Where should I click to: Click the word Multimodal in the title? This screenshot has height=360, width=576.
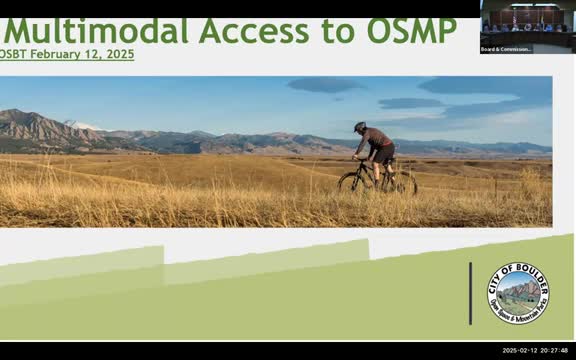95,31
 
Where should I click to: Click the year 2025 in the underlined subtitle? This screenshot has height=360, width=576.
118,54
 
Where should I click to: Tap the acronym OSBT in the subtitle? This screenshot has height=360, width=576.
15,54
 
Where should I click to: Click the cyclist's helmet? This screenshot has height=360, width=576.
360,127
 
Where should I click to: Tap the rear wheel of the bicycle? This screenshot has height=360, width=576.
403,183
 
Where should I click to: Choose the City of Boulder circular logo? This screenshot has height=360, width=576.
518,293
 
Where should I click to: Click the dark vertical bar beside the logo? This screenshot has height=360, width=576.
470,293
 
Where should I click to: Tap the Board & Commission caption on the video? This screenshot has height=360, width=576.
506,48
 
